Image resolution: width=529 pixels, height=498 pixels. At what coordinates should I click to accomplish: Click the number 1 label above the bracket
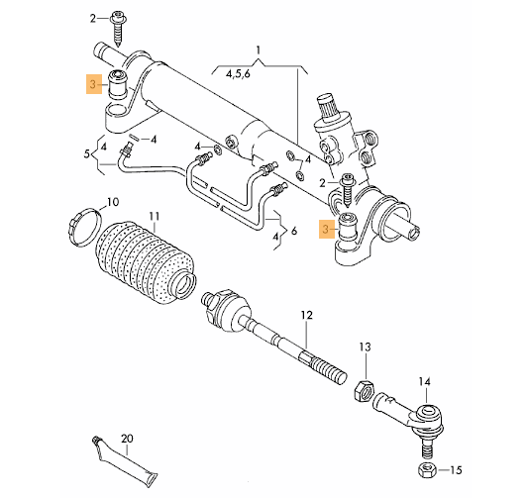tap(259, 50)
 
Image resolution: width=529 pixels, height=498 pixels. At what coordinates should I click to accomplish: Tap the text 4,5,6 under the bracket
tap(238, 74)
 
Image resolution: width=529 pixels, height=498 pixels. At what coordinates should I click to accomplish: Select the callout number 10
tap(113, 202)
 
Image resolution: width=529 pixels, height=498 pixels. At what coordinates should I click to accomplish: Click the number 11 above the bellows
tap(154, 216)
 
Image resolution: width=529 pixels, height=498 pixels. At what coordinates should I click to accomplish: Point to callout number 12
tap(307, 315)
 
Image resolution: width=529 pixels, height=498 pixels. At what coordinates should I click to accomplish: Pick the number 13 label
tap(365, 347)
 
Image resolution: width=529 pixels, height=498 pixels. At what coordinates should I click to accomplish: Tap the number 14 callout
tap(425, 382)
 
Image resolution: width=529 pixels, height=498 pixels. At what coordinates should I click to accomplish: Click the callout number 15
tap(456, 470)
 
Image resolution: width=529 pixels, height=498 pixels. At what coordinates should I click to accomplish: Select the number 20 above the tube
tap(127, 439)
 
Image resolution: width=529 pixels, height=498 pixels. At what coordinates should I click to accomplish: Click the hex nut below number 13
tap(363, 391)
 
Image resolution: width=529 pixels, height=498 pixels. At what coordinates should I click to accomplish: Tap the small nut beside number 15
tap(427, 470)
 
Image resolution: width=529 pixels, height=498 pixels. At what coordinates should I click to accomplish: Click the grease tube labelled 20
tap(124, 463)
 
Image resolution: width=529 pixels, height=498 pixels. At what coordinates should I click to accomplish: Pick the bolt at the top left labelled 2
tap(119, 28)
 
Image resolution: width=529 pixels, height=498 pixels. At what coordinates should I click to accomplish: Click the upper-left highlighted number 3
tap(93, 83)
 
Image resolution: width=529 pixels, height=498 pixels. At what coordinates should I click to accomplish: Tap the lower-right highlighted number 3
tap(325, 229)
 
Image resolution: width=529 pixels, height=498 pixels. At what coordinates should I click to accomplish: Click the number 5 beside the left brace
tap(87, 154)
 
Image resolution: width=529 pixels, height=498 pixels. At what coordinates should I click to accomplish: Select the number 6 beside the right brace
tap(294, 231)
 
